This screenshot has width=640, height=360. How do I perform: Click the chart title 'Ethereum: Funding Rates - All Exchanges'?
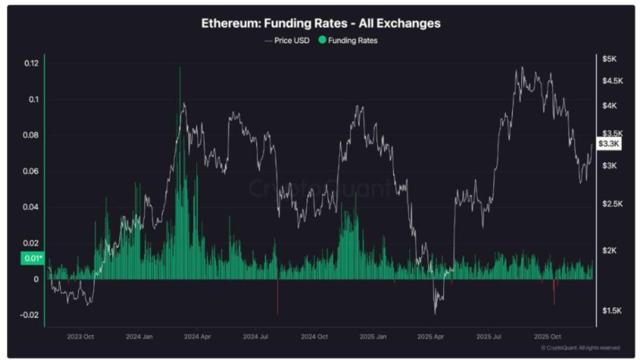[321, 23]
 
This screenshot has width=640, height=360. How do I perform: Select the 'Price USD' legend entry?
[287, 40]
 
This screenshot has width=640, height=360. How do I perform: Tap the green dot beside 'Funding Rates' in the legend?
[322, 40]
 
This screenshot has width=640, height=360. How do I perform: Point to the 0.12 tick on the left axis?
[31, 63]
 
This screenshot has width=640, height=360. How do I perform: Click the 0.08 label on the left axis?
[31, 136]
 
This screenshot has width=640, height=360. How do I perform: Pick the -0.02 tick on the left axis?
[29, 315]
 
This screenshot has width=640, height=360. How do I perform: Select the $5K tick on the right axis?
[610, 59]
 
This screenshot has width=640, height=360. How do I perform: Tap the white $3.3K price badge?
[609, 144]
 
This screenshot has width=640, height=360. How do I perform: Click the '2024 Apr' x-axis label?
[197, 336]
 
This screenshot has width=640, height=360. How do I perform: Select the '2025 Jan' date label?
[373, 336]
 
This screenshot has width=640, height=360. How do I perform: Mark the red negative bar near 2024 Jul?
[277, 299]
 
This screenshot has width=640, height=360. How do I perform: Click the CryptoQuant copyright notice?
[581, 348]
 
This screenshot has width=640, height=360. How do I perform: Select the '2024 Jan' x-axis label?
[140, 336]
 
